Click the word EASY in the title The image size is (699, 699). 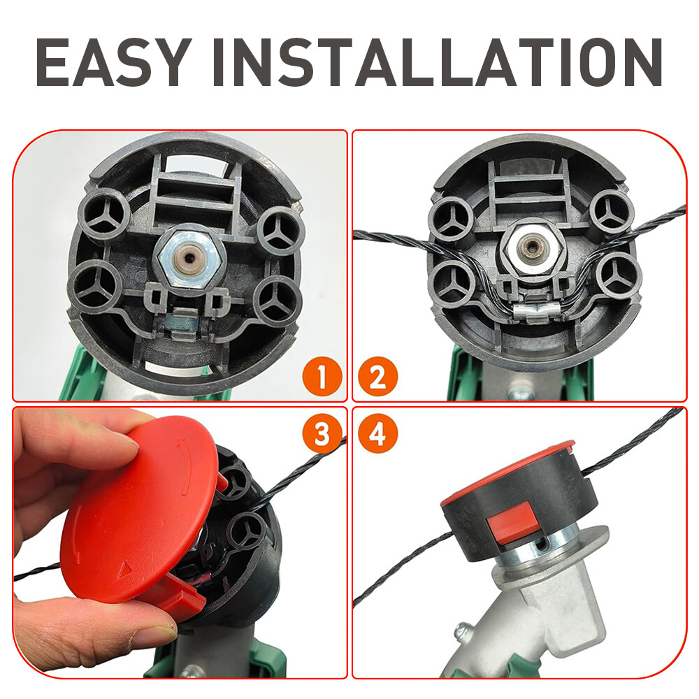point(110,62)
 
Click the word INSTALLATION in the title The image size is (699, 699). point(437,62)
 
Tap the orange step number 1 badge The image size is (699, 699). point(322,377)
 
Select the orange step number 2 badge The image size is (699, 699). point(378,377)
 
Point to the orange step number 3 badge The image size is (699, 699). point(322,434)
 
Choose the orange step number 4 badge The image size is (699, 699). point(378,434)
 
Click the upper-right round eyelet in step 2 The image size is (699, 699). point(612,213)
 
